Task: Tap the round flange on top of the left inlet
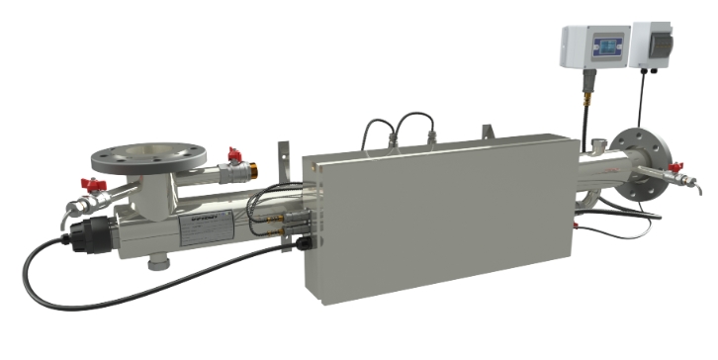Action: pyautogui.click(x=148, y=156)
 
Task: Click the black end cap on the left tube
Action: pyautogui.click(x=81, y=237)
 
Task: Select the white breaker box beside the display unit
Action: pyautogui.click(x=657, y=45)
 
